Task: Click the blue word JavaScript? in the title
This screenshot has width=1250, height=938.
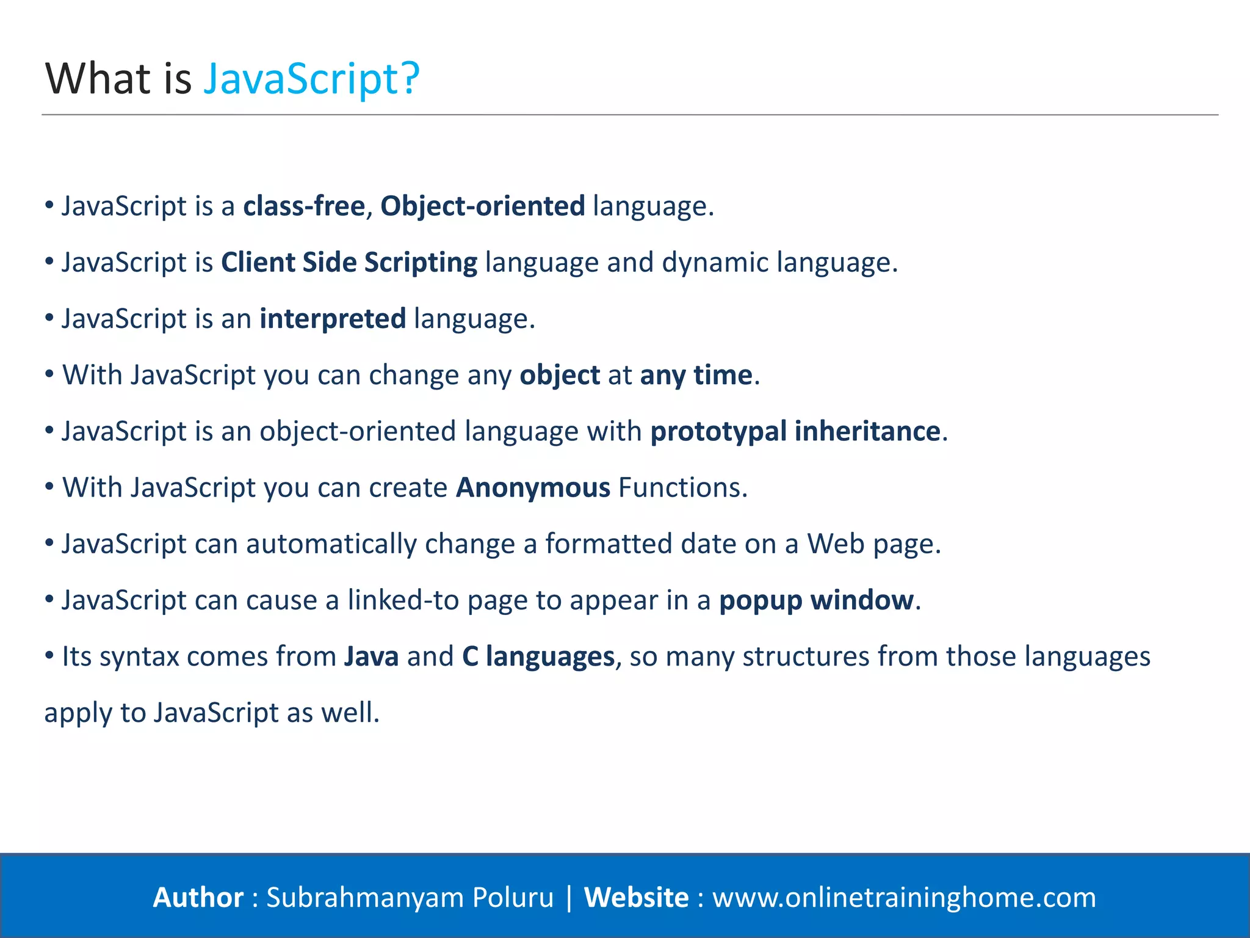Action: click(311, 79)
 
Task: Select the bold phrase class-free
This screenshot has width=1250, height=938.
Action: click(304, 206)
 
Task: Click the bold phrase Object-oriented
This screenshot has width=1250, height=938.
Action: click(482, 206)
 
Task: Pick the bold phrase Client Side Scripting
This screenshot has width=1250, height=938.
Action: click(349, 263)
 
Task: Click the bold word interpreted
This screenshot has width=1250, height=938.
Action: click(333, 319)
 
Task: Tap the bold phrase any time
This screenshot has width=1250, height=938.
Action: click(696, 375)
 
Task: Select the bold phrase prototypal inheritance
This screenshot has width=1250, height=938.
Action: click(795, 431)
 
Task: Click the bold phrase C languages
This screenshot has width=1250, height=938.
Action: click(538, 656)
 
